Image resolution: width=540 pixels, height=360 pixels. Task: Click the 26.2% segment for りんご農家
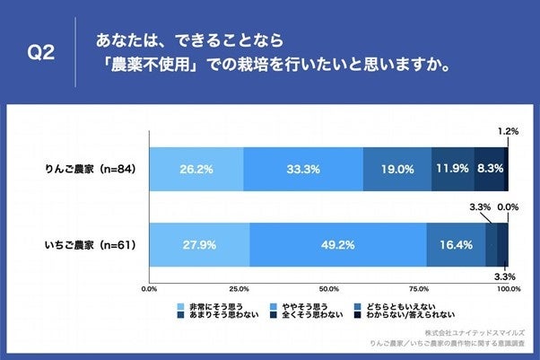(196, 167)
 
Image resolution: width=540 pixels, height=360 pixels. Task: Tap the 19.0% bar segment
(397, 167)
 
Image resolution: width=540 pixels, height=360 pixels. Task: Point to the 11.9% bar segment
(453, 167)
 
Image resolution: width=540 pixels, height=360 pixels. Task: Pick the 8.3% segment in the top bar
(489, 167)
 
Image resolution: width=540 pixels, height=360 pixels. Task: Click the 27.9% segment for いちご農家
(200, 243)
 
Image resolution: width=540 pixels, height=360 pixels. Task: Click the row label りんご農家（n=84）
(91, 168)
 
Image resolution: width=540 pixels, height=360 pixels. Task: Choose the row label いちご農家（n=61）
(91, 244)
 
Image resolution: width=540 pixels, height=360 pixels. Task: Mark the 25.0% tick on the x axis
(240, 290)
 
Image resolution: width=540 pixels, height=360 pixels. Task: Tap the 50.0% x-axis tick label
(329, 290)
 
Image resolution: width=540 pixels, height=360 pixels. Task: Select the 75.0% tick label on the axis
(419, 290)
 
